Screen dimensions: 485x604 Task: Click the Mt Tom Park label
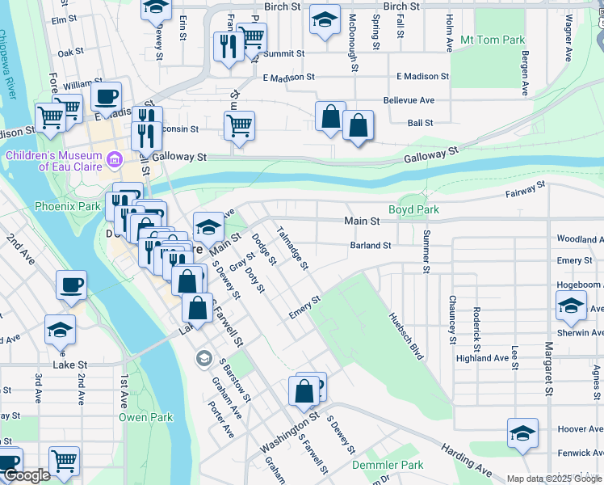pyautogui.click(x=492, y=40)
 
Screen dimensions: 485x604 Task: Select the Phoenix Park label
pyautogui.click(x=66, y=206)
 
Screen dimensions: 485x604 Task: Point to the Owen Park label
pyautogui.click(x=145, y=417)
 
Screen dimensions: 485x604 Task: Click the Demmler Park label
pyautogui.click(x=388, y=466)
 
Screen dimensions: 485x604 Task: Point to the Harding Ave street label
pyautogui.click(x=466, y=458)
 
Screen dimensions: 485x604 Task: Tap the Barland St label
pyautogui.click(x=370, y=246)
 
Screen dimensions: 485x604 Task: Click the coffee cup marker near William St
pyautogui.click(x=106, y=97)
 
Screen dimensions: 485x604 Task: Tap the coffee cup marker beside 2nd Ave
pyautogui.click(x=71, y=285)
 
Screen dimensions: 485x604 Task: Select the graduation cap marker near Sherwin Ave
pyautogui.click(x=571, y=306)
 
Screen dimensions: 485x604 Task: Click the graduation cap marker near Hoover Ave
pyautogui.click(x=522, y=432)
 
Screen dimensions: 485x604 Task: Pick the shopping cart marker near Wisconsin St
pyautogui.click(x=239, y=125)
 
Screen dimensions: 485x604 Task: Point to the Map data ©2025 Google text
pyautogui.click(x=553, y=479)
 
